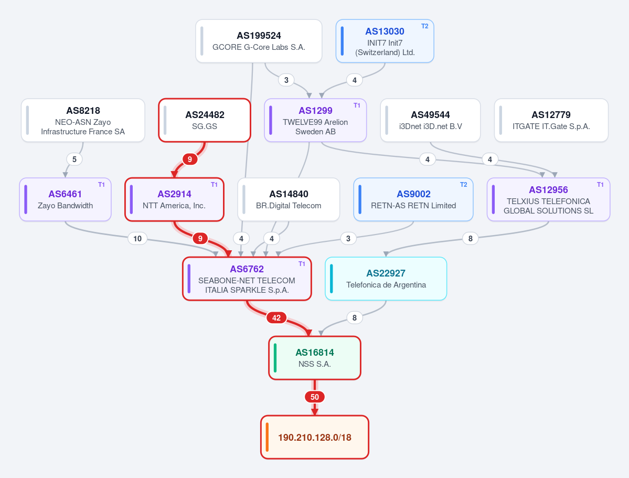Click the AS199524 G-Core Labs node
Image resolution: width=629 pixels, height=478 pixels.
coord(259,41)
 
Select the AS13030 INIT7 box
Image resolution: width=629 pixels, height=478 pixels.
coord(385,41)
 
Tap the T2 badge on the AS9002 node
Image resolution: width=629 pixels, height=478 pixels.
coord(463,185)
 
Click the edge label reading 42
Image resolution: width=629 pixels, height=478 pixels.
coord(276,318)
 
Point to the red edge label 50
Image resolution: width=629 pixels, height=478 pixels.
coord(315,397)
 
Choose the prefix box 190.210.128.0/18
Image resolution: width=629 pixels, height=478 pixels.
coord(315,437)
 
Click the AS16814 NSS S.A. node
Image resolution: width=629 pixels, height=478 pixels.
coord(315,358)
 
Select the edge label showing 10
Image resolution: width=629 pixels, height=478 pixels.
coord(137,239)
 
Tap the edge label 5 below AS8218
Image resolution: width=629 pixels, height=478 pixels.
coord(74,160)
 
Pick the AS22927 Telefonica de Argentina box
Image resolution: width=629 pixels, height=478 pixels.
coord(386,279)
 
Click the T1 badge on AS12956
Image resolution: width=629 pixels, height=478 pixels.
coord(600,185)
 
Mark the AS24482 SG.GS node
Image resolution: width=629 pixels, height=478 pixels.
coord(205,120)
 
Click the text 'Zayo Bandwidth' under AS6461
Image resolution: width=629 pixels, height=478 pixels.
coord(65,206)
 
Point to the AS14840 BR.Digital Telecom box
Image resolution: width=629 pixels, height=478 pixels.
coord(289,199)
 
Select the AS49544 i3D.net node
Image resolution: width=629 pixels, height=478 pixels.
coord(430,120)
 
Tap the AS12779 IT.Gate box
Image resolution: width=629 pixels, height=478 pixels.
coord(551,120)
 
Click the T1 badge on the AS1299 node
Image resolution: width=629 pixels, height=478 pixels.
coord(357,105)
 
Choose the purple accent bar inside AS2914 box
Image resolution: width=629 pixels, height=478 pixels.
coord(132,199)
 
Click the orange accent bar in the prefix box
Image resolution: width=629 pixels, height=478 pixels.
coord(267,437)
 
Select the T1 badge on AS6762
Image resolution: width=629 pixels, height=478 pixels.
coord(302,264)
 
